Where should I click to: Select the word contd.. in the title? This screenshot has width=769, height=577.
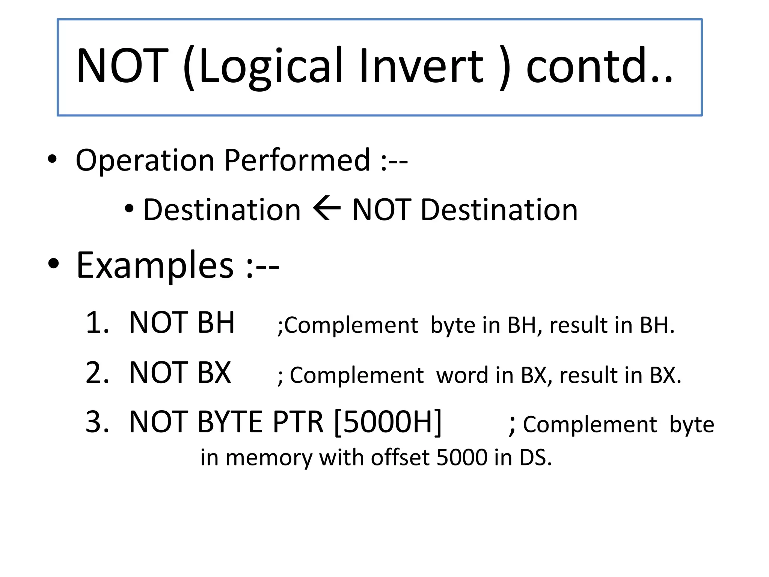coord(599,66)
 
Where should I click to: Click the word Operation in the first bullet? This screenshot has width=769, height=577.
coord(145,161)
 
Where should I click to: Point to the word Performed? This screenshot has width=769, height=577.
coord(297,161)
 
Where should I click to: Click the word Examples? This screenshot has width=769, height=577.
coord(155,266)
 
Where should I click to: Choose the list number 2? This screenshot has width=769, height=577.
coord(97,373)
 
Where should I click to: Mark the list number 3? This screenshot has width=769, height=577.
coord(97,422)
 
